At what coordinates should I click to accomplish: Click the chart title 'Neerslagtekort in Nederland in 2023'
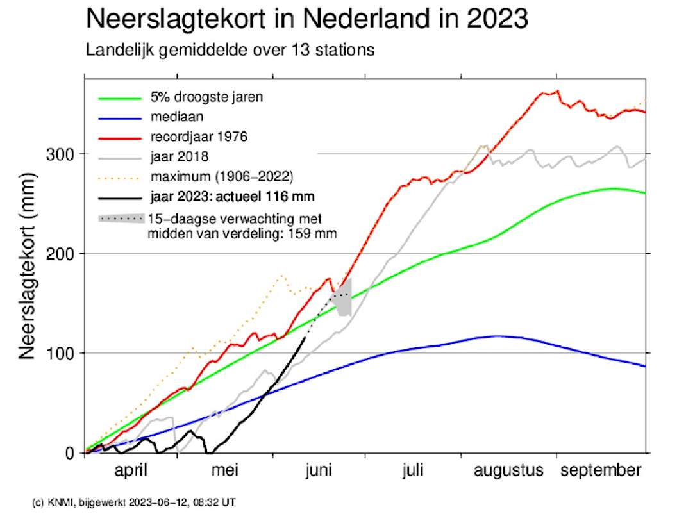point(307,19)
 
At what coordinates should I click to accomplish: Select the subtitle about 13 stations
point(230,50)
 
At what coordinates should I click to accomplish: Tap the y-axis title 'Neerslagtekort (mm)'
point(27,266)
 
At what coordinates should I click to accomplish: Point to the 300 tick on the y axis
point(60,154)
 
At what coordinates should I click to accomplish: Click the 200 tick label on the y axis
point(60,254)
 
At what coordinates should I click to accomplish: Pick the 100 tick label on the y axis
point(60,353)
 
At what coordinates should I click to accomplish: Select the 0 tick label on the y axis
point(69,453)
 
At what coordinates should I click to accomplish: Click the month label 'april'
point(131,470)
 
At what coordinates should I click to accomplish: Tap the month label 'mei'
point(225,470)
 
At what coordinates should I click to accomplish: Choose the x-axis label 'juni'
point(319,470)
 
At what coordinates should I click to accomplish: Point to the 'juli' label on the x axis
point(413,470)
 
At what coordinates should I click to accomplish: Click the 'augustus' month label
point(508,471)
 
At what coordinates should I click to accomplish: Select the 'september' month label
point(601,471)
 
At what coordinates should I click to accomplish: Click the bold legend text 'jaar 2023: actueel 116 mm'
point(232,197)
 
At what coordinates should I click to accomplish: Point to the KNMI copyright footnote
point(134,502)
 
